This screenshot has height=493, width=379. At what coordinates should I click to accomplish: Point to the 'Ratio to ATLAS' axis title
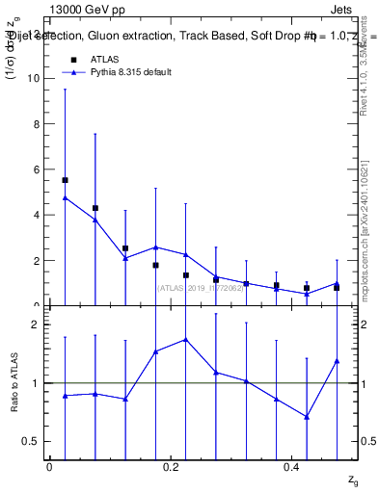tap(14, 383)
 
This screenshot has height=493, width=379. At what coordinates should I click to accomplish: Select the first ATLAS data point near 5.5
tap(65, 180)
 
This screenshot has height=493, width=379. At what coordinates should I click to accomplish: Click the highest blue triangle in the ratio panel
tap(185, 339)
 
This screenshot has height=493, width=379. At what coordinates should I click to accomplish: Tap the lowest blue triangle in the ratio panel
tap(307, 417)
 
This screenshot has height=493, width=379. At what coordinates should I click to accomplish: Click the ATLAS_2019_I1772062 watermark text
tap(202, 286)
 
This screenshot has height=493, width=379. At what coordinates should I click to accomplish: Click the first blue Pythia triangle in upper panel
tap(65, 197)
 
